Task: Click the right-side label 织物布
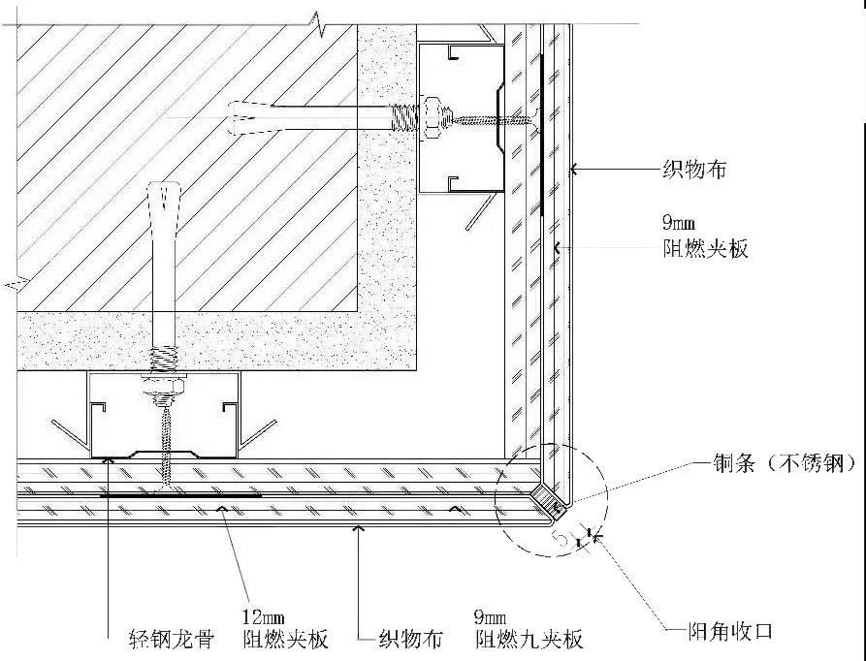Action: (694, 170)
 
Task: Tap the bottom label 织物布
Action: (410, 639)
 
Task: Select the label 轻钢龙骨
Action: (172, 639)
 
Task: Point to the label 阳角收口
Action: (729, 631)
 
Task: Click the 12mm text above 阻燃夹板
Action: (264, 615)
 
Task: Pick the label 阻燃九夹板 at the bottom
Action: (529, 639)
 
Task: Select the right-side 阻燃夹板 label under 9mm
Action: (705, 249)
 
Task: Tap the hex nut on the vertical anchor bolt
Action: (164, 385)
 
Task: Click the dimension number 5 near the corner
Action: (561, 538)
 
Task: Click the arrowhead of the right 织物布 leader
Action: (573, 170)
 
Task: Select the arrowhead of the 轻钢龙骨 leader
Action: (109, 458)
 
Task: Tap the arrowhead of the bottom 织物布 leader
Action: (360, 528)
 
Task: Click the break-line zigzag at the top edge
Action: (319, 23)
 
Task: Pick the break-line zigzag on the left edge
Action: (16, 282)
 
